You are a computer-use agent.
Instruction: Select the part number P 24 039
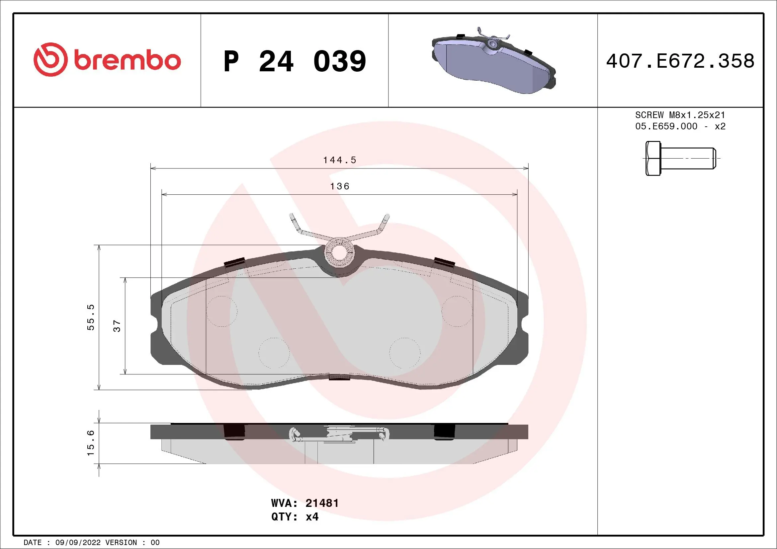pos(295,61)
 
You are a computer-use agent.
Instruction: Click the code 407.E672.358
pos(680,61)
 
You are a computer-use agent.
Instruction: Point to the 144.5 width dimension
pos(339,160)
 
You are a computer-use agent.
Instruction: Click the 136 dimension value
pos(339,186)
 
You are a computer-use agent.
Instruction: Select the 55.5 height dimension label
pos(91,317)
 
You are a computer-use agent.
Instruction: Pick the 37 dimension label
pos(117,326)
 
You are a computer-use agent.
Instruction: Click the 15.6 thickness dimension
pos(91,443)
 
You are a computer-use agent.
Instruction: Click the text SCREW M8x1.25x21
pos(680,115)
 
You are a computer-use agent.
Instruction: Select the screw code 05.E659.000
pos(666,126)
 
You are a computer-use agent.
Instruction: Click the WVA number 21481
pos(321,503)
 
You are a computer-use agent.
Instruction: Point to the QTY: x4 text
pos(295,516)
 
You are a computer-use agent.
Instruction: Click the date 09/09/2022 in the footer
pos(78,542)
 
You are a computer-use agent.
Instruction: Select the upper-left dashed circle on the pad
pos(222,311)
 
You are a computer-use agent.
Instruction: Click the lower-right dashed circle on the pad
pos(405,353)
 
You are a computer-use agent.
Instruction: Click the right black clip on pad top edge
pos(444,262)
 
